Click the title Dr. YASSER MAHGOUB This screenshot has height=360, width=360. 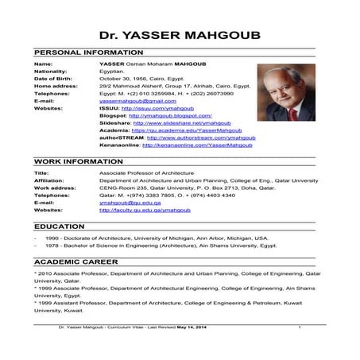coord(180,35)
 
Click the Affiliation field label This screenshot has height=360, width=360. coord(48,180)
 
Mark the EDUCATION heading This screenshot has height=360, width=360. coord(60,226)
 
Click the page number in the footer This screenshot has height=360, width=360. coord(300,327)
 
